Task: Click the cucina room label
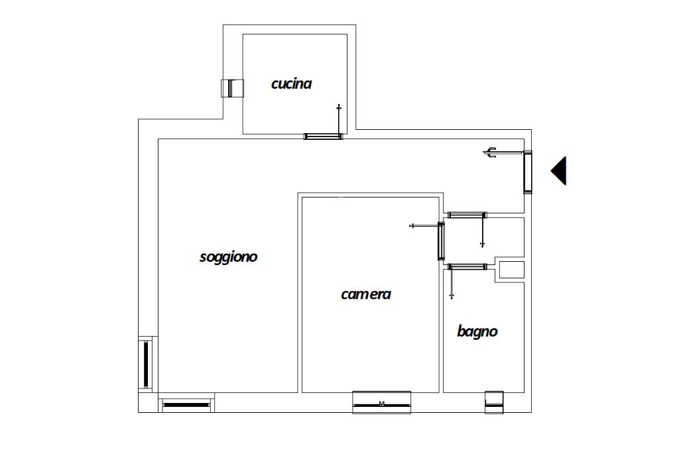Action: pyautogui.click(x=291, y=84)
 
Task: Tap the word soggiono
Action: pyautogui.click(x=228, y=256)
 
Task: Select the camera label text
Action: pyautogui.click(x=365, y=294)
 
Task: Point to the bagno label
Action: pyautogui.click(x=477, y=331)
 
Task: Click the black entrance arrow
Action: pyautogui.click(x=559, y=170)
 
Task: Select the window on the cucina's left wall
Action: pyautogui.click(x=232, y=88)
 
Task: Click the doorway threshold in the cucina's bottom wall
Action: pyautogui.click(x=323, y=137)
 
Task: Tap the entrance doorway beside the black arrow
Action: pyautogui.click(x=528, y=172)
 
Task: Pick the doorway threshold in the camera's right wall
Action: pyautogui.click(x=441, y=241)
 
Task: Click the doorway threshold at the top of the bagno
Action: pyautogui.click(x=467, y=266)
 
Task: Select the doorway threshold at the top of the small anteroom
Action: pyautogui.click(x=467, y=215)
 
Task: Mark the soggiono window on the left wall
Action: pyautogui.click(x=146, y=364)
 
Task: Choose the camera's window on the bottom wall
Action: pyautogui.click(x=381, y=402)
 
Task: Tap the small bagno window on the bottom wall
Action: pyautogui.click(x=494, y=402)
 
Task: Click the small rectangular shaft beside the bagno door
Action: pyautogui.click(x=511, y=270)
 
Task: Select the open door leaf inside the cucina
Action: pyautogui.click(x=339, y=121)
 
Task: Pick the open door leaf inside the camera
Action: pyautogui.click(x=424, y=226)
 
